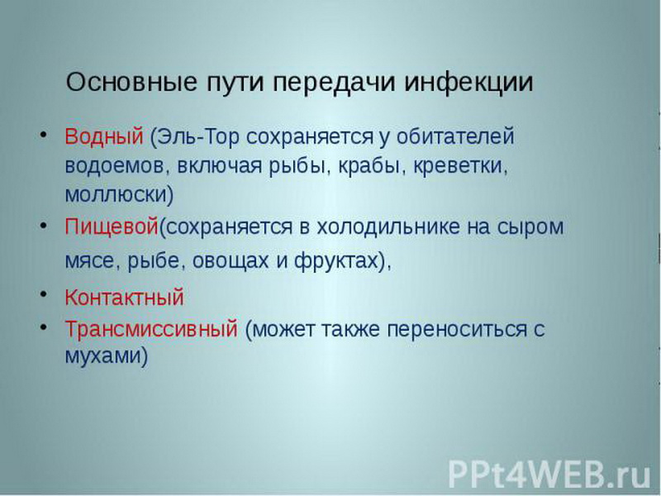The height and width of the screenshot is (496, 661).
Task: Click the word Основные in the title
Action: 131,82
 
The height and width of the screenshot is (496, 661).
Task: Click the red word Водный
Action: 104,136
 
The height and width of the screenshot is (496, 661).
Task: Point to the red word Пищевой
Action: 112,227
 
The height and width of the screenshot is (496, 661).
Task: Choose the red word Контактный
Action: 125,297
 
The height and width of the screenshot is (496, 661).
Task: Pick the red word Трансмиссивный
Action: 151,328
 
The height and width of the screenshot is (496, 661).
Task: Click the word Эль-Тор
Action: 197,136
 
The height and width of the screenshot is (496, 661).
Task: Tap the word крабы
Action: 369,165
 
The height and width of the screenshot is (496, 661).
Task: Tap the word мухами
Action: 102,355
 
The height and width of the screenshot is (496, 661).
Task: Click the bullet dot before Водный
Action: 43,135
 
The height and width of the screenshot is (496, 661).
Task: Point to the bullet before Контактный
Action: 43,295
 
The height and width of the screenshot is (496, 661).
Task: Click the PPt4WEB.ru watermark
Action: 549,474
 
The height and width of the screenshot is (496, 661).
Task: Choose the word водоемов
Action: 115,166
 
